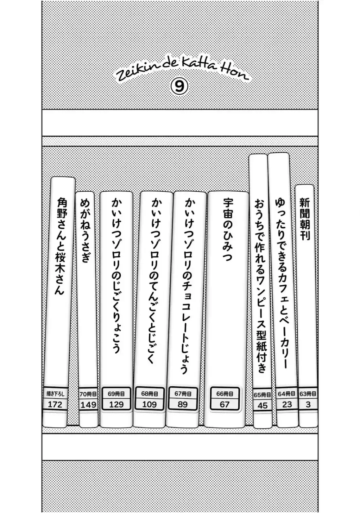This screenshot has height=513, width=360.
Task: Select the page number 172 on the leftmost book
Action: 55,404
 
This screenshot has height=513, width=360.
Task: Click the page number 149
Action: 88,405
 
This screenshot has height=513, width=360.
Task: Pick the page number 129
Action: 116,405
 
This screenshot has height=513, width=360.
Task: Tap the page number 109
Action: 149,404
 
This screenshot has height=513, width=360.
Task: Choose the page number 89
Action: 183,405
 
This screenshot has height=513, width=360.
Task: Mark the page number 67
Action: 224,405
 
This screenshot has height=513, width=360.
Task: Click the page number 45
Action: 262,406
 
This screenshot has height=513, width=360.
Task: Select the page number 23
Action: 287,405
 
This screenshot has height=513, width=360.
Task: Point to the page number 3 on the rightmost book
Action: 308,405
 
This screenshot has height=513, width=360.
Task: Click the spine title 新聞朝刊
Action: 305,219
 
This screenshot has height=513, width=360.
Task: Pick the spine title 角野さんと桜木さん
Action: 61,247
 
